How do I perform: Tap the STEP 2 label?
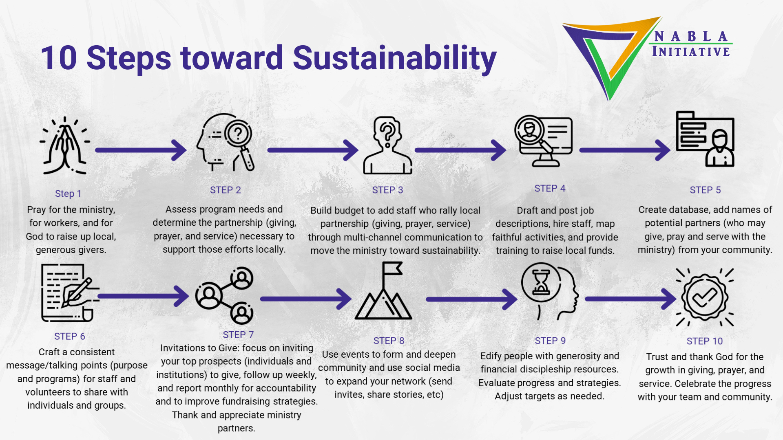[x=226, y=190]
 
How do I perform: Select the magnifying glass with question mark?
[x=239, y=143]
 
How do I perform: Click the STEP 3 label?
[x=387, y=190]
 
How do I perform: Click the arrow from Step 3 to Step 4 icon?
[x=460, y=150]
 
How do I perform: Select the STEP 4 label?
[x=550, y=188]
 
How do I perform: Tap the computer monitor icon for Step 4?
[x=543, y=141]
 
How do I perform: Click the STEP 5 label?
[x=705, y=190]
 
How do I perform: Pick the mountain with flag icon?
[x=383, y=291]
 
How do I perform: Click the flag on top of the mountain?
[x=392, y=268]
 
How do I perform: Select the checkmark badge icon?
[x=705, y=297]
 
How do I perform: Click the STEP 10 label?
[x=705, y=341]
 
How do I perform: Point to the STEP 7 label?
[x=238, y=334]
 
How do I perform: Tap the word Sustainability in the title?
[x=394, y=59]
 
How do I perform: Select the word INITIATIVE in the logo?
[x=691, y=52]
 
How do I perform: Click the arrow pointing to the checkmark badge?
[x=630, y=299]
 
